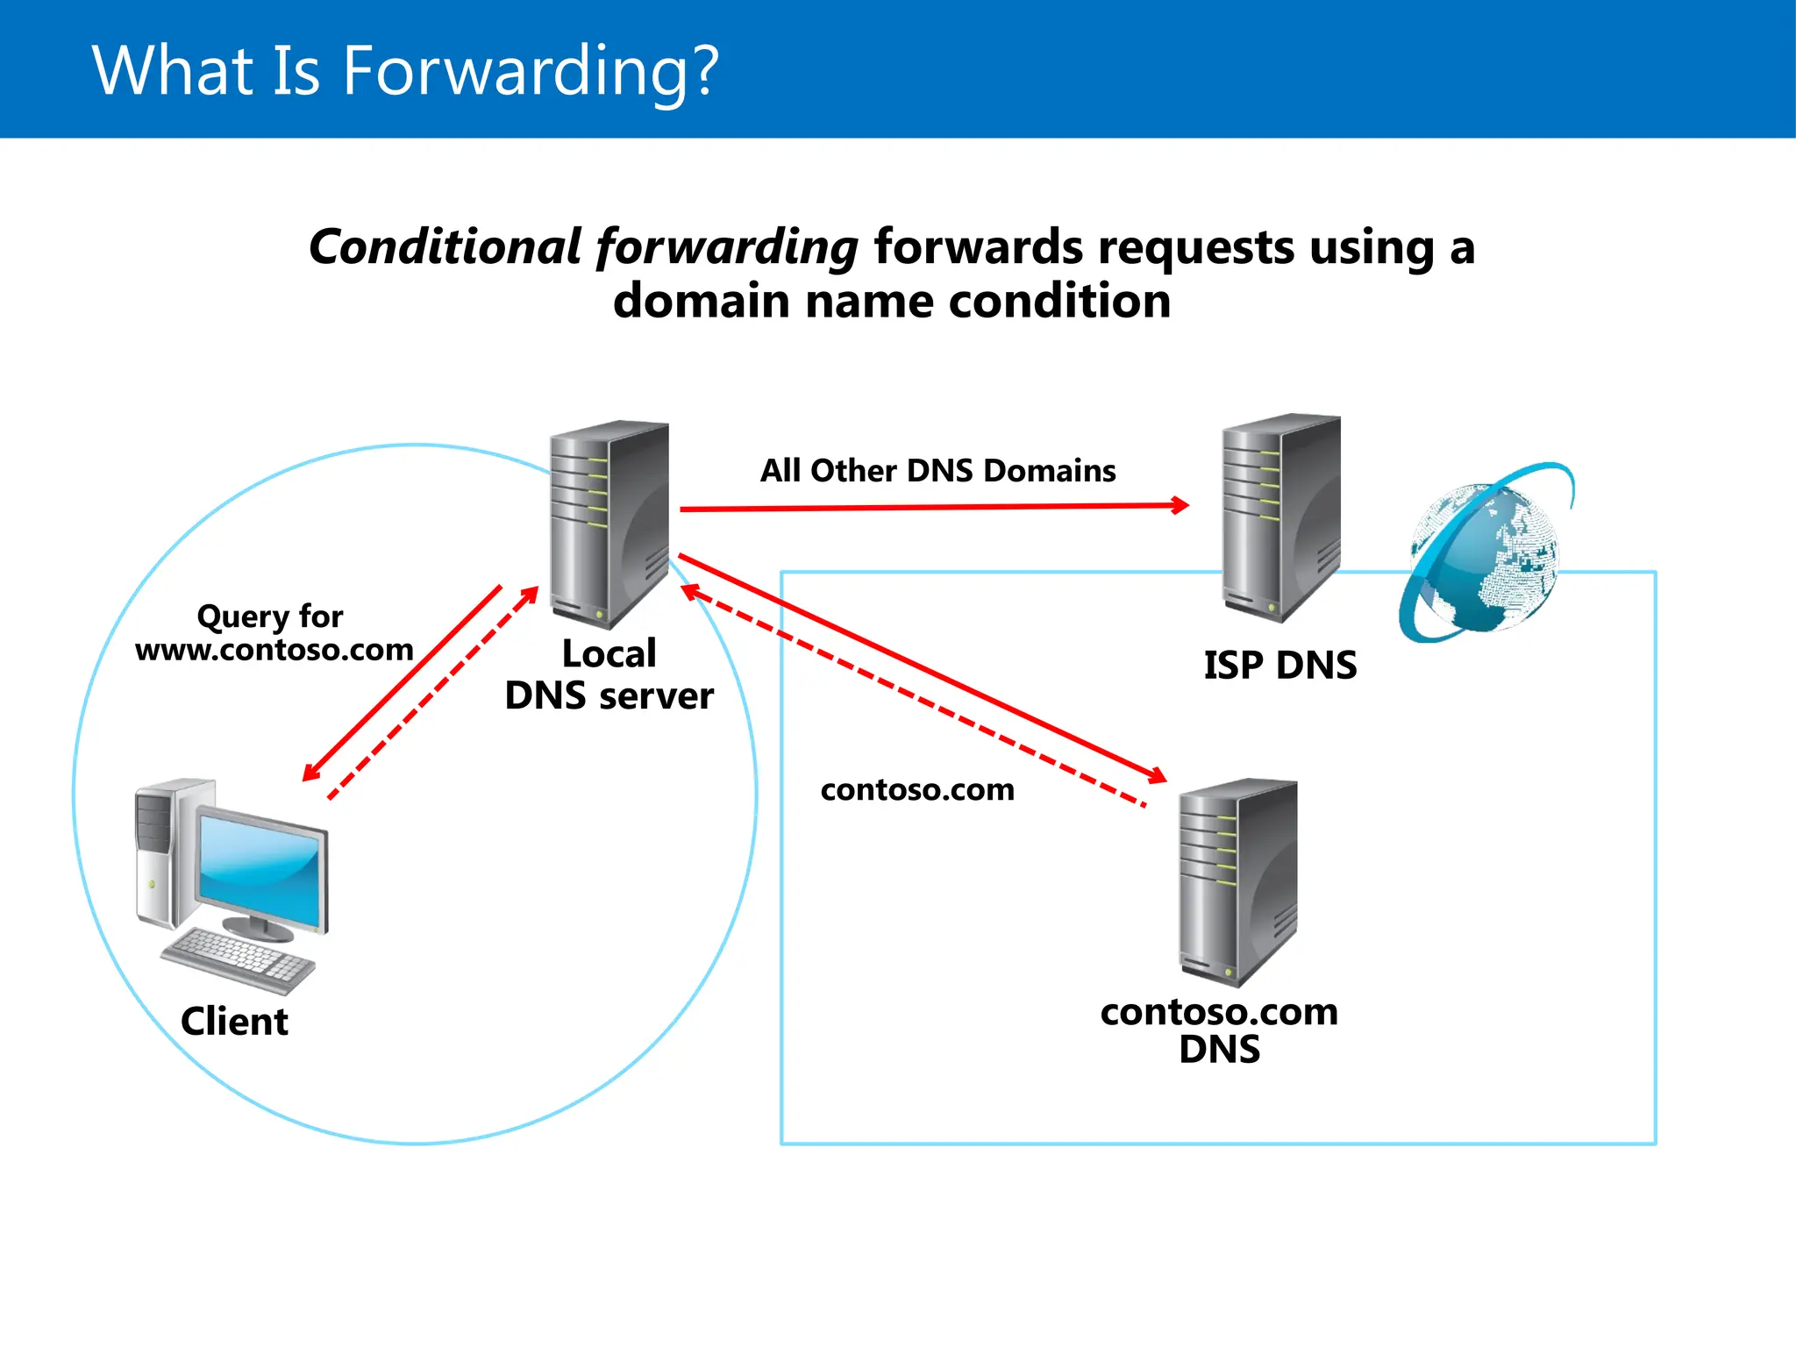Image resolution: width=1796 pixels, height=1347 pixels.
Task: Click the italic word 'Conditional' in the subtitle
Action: [445, 247]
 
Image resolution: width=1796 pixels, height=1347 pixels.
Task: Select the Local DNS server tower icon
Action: [609, 524]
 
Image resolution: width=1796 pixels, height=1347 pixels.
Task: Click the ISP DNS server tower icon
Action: [1280, 517]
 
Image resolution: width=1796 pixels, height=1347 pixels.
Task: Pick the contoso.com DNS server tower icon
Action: [1237, 881]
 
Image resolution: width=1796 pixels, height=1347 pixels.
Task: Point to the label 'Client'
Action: [234, 1022]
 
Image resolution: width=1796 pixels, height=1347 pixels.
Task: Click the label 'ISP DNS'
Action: [1279, 666]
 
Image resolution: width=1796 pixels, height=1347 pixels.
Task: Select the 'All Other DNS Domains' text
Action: [937, 471]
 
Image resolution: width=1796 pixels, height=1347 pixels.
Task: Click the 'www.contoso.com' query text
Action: [274, 650]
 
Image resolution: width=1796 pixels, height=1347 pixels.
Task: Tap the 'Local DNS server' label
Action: [609, 675]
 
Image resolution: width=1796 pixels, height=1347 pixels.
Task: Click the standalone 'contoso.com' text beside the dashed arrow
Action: [917, 790]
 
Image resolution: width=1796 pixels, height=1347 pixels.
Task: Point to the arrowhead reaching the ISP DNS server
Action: [1181, 505]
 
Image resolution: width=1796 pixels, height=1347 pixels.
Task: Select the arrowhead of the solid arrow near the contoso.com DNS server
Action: [1158, 775]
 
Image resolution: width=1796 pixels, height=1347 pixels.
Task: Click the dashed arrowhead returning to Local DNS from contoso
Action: [690, 592]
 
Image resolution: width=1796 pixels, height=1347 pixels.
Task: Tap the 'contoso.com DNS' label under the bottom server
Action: [1219, 1030]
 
